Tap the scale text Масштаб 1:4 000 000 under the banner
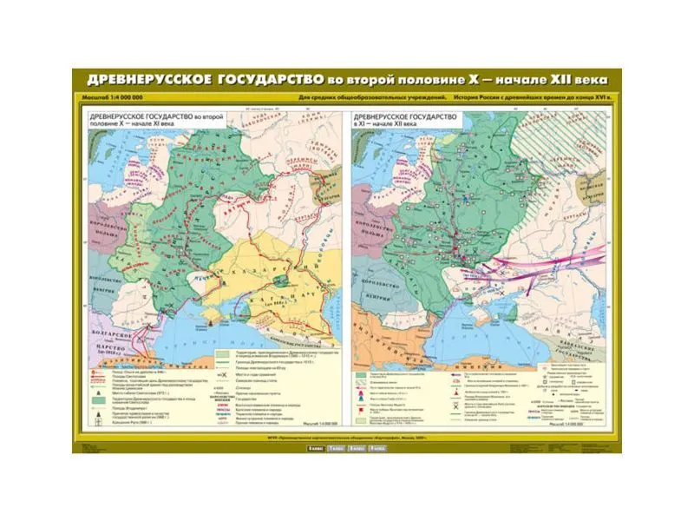point(113,97)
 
